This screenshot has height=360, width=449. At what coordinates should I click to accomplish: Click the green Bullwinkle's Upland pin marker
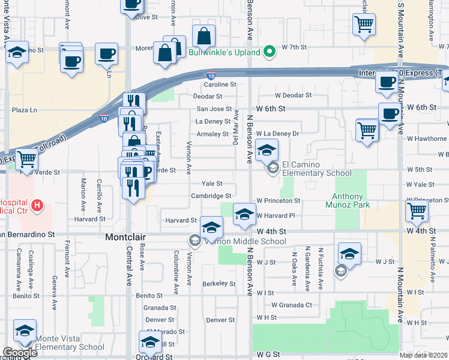coord(270,52)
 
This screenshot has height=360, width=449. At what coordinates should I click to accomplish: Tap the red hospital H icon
coord(38,206)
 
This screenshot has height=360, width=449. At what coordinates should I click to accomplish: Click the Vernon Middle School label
coord(247,241)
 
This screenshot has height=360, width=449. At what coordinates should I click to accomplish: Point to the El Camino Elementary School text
coord(316,169)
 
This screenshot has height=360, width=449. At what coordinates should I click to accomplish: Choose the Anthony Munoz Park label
coord(351,200)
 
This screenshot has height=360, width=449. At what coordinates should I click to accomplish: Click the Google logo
coord(20,353)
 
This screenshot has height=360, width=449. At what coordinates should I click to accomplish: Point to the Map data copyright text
coord(424,355)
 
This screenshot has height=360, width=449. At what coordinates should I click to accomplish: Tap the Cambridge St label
coord(211,196)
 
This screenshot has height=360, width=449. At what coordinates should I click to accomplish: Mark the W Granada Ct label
coord(291,305)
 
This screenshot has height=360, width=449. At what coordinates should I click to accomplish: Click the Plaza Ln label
coord(25,110)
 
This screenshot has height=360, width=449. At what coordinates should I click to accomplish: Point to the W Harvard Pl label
coord(276,215)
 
